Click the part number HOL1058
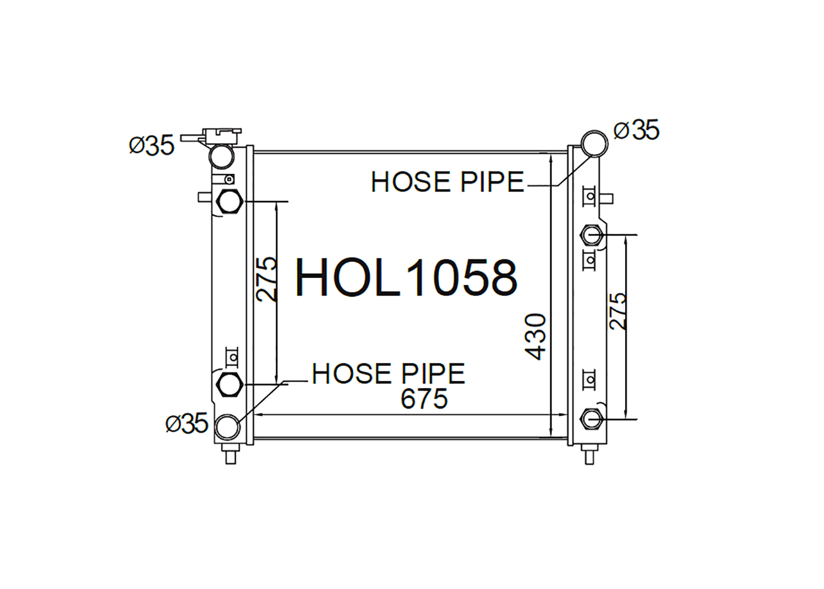point(407,277)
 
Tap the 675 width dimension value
point(424,398)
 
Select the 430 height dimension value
point(535,337)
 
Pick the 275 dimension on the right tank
point(617,311)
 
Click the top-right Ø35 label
point(636,130)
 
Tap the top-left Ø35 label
point(152,145)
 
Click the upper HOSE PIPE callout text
point(448,182)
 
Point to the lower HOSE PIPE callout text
point(388,373)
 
